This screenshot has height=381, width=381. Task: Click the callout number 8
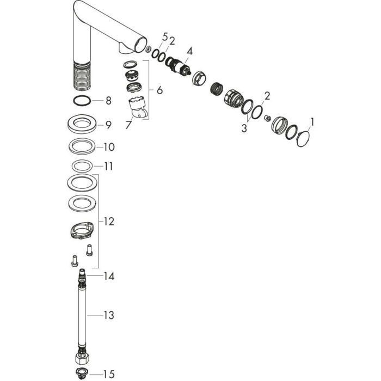pyautogui.click(x=108, y=101)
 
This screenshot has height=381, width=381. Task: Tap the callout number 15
pyautogui.click(x=109, y=374)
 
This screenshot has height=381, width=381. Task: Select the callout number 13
pyautogui.click(x=109, y=315)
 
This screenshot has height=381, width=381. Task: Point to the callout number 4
pyautogui.click(x=189, y=51)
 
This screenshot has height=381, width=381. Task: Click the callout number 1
pyautogui.click(x=312, y=122)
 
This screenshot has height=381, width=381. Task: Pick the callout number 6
pyautogui.click(x=159, y=90)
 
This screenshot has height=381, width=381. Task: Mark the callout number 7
pyautogui.click(x=128, y=125)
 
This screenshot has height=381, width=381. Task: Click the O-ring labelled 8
pyautogui.click(x=82, y=100)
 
